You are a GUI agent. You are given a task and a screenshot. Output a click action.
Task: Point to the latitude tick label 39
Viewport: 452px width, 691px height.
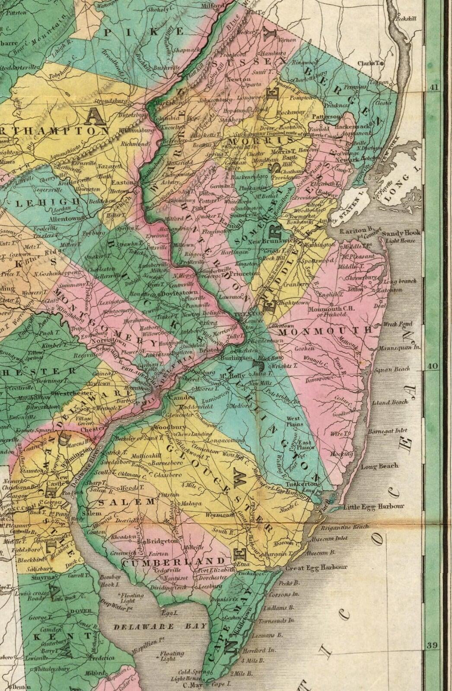432,646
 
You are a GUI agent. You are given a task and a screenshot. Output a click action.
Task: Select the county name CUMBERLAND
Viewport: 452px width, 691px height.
174,561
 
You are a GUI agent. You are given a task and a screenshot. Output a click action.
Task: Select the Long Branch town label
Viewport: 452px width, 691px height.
400,282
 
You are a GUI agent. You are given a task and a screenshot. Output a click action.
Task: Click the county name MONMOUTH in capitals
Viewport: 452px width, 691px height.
325,331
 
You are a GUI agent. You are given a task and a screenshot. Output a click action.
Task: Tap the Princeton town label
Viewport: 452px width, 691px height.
242,273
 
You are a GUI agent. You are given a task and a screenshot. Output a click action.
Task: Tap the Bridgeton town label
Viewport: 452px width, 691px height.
162,541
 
